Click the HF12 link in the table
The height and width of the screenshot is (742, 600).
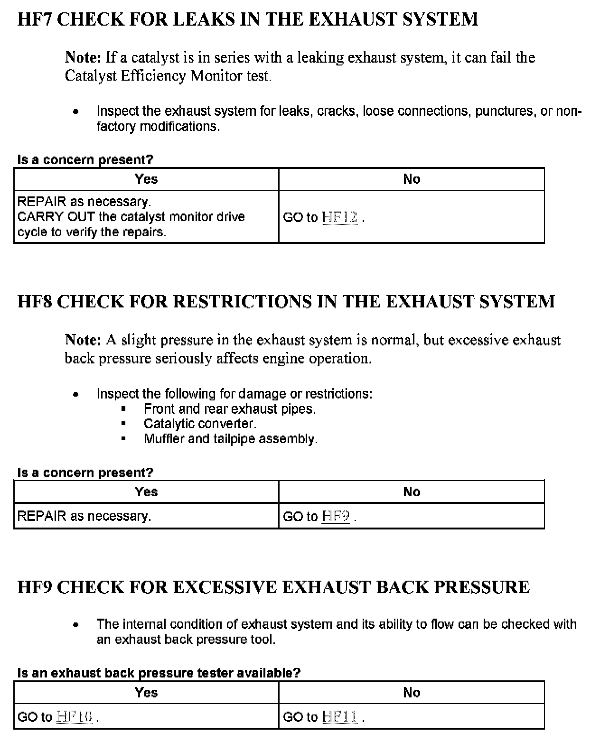(x=339, y=218)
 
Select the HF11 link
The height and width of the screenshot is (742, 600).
(x=339, y=717)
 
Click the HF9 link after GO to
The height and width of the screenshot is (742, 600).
(x=336, y=516)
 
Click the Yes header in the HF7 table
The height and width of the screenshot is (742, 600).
(x=146, y=179)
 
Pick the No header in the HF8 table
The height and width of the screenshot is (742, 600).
(x=412, y=492)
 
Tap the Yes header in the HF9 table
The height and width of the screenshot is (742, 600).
(x=146, y=693)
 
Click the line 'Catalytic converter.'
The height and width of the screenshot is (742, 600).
(x=200, y=424)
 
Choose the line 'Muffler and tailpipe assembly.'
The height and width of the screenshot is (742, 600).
(x=231, y=439)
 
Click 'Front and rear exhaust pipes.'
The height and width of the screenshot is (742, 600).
(x=230, y=409)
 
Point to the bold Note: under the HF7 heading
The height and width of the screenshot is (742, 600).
(x=83, y=58)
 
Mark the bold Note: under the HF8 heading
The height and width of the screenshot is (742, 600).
(x=83, y=340)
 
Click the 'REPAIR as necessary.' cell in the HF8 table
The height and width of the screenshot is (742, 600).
(x=84, y=516)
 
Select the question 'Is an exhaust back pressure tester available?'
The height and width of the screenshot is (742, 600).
(x=159, y=673)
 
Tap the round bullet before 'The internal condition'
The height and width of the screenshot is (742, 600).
(x=75, y=625)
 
